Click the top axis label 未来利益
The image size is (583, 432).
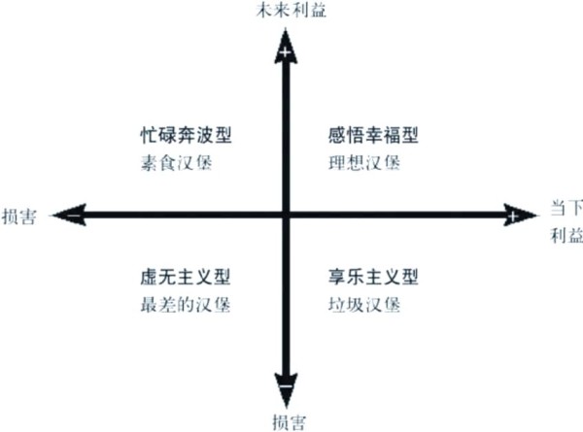click(291, 10)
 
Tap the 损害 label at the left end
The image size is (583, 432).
click(19, 216)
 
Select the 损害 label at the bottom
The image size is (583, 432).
click(290, 422)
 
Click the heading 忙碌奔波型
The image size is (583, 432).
click(186, 135)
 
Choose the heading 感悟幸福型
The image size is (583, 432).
click(373, 135)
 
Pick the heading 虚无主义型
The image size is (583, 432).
click(186, 277)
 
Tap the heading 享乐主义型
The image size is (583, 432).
click(373, 277)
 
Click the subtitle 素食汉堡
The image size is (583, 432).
click(177, 163)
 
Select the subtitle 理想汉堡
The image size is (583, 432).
click(364, 163)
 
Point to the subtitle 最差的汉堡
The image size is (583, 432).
click(186, 305)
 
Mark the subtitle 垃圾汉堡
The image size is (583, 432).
click(364, 305)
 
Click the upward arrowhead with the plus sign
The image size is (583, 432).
click(286, 49)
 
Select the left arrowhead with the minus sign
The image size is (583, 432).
click(71, 215)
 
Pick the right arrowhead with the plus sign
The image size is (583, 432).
click(520, 215)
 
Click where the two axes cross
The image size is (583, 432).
click(286, 215)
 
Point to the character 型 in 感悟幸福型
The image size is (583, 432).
click(410, 135)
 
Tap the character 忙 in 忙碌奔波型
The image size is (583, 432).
click(149, 135)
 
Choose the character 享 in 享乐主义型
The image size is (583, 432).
click(336, 277)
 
